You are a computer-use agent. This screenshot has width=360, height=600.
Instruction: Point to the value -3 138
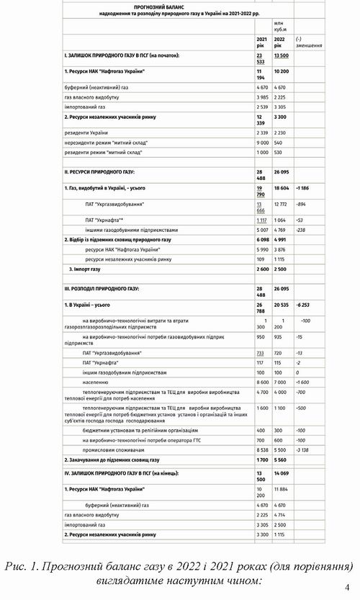(x=305, y=447)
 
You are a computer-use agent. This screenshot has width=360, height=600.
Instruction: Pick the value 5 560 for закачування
(x=283, y=459)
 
